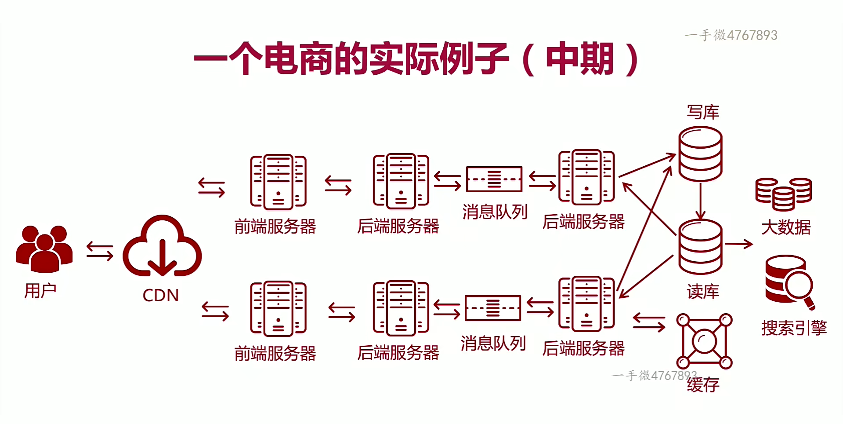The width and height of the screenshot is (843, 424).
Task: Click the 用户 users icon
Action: click(x=44, y=249)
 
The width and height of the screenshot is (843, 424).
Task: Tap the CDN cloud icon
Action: click(x=162, y=246)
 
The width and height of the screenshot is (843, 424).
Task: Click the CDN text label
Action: click(x=161, y=295)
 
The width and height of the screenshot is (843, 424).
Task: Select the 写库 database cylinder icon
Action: click(x=700, y=154)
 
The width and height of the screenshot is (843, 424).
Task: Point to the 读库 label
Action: click(x=703, y=292)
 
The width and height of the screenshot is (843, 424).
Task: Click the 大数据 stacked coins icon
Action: click(x=783, y=194)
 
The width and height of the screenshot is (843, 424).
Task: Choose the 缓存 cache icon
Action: click(x=704, y=341)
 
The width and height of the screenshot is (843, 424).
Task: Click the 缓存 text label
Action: click(x=703, y=384)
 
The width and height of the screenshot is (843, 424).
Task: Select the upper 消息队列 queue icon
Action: click(x=494, y=179)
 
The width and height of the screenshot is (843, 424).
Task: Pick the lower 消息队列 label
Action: click(x=493, y=344)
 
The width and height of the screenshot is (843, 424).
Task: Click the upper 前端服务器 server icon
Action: click(x=278, y=182)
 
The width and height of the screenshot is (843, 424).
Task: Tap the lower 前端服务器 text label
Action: click(x=275, y=353)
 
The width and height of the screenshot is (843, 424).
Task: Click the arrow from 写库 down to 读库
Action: click(x=700, y=201)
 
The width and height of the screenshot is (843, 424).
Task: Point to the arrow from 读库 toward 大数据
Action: click(x=738, y=244)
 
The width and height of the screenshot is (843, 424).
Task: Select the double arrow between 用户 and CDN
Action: click(x=100, y=251)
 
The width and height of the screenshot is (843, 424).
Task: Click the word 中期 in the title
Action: click(x=579, y=59)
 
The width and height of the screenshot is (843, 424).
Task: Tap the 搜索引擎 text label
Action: click(x=794, y=328)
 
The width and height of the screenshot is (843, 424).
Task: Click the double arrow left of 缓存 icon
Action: click(x=649, y=322)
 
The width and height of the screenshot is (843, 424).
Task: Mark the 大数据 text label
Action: click(x=786, y=227)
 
